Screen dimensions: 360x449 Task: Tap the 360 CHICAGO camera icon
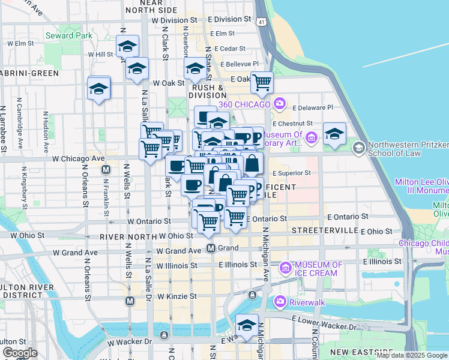pos(279,104)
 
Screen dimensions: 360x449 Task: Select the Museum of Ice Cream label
pos(318,269)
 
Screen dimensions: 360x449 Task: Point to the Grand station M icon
pos(211,248)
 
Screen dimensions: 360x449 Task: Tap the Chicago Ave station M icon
pos(106,170)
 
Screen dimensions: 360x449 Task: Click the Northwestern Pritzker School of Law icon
pos(358,147)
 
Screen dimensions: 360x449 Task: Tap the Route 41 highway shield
pos(261,22)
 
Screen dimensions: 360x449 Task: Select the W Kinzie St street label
pos(176,296)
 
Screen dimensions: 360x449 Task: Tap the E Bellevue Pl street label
pos(240,64)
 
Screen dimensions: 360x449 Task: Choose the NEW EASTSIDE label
pos(356,352)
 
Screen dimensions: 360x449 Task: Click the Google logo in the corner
pos(20,353)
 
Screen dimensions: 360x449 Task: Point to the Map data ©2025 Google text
pos(412,356)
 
